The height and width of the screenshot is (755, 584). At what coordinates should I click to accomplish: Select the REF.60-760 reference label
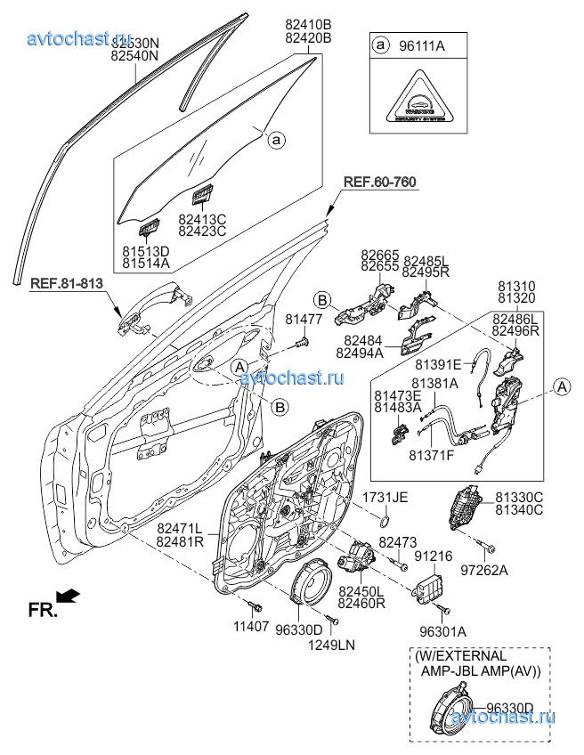(x=379, y=182)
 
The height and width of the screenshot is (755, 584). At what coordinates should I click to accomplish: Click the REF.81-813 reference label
(x=67, y=284)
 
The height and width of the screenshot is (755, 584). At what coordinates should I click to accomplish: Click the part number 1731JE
(x=385, y=497)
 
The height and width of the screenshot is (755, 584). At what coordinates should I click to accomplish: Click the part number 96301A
(x=442, y=632)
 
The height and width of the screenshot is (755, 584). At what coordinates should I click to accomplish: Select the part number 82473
(x=398, y=541)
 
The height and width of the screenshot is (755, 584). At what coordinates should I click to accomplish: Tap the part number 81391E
(x=439, y=364)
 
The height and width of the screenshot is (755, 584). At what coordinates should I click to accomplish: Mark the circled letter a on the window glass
(x=276, y=140)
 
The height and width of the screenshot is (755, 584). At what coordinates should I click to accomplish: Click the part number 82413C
(x=202, y=219)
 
